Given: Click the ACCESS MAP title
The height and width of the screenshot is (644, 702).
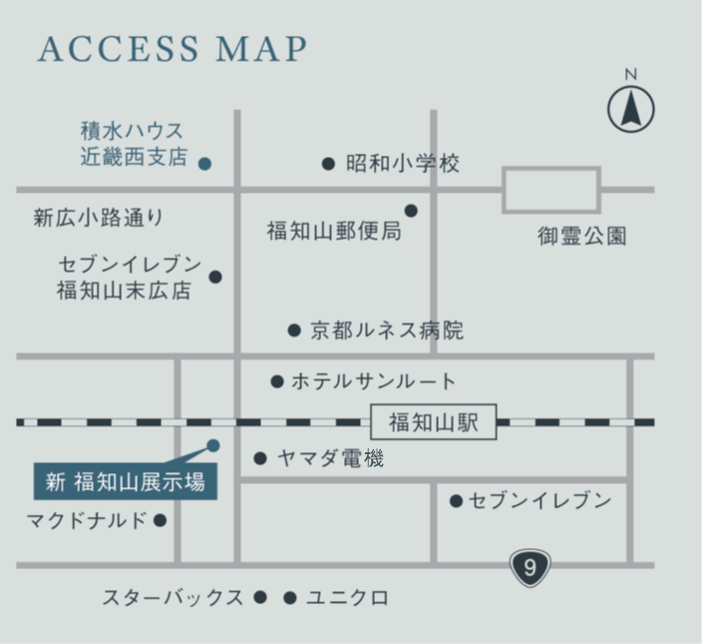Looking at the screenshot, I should click(172, 49).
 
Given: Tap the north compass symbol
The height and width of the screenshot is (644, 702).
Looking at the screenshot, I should click(631, 108).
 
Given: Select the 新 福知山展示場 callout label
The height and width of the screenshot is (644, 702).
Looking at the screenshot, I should click(126, 482).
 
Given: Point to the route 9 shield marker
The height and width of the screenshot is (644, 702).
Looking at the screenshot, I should click(529, 568).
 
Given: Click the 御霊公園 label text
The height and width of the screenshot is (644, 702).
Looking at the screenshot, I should click(582, 237).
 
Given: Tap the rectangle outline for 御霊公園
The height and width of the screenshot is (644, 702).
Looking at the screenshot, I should click(550, 190).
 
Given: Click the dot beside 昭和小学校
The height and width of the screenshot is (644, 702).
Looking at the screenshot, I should click(328, 164).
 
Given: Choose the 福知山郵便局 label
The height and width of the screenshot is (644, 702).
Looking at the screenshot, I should click(334, 232).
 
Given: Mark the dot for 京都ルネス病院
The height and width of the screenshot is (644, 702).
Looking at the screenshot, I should click(294, 329).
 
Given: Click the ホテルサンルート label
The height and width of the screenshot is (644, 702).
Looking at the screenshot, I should click(373, 381).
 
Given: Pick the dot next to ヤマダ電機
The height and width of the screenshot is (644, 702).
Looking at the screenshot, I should click(260, 458).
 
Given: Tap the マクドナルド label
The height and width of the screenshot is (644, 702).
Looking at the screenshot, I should click(87, 520).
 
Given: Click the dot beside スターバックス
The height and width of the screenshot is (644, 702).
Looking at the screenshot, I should click(260, 597).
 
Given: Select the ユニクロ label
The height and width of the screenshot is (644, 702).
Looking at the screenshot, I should click(347, 598).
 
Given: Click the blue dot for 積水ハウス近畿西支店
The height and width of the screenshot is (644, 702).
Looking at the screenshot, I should click(204, 163).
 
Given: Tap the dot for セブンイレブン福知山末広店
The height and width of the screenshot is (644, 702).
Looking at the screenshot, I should click(215, 277).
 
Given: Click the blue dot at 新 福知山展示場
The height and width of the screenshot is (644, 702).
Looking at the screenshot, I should click(212, 445).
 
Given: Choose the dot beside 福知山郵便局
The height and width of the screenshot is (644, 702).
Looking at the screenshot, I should click(411, 211).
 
